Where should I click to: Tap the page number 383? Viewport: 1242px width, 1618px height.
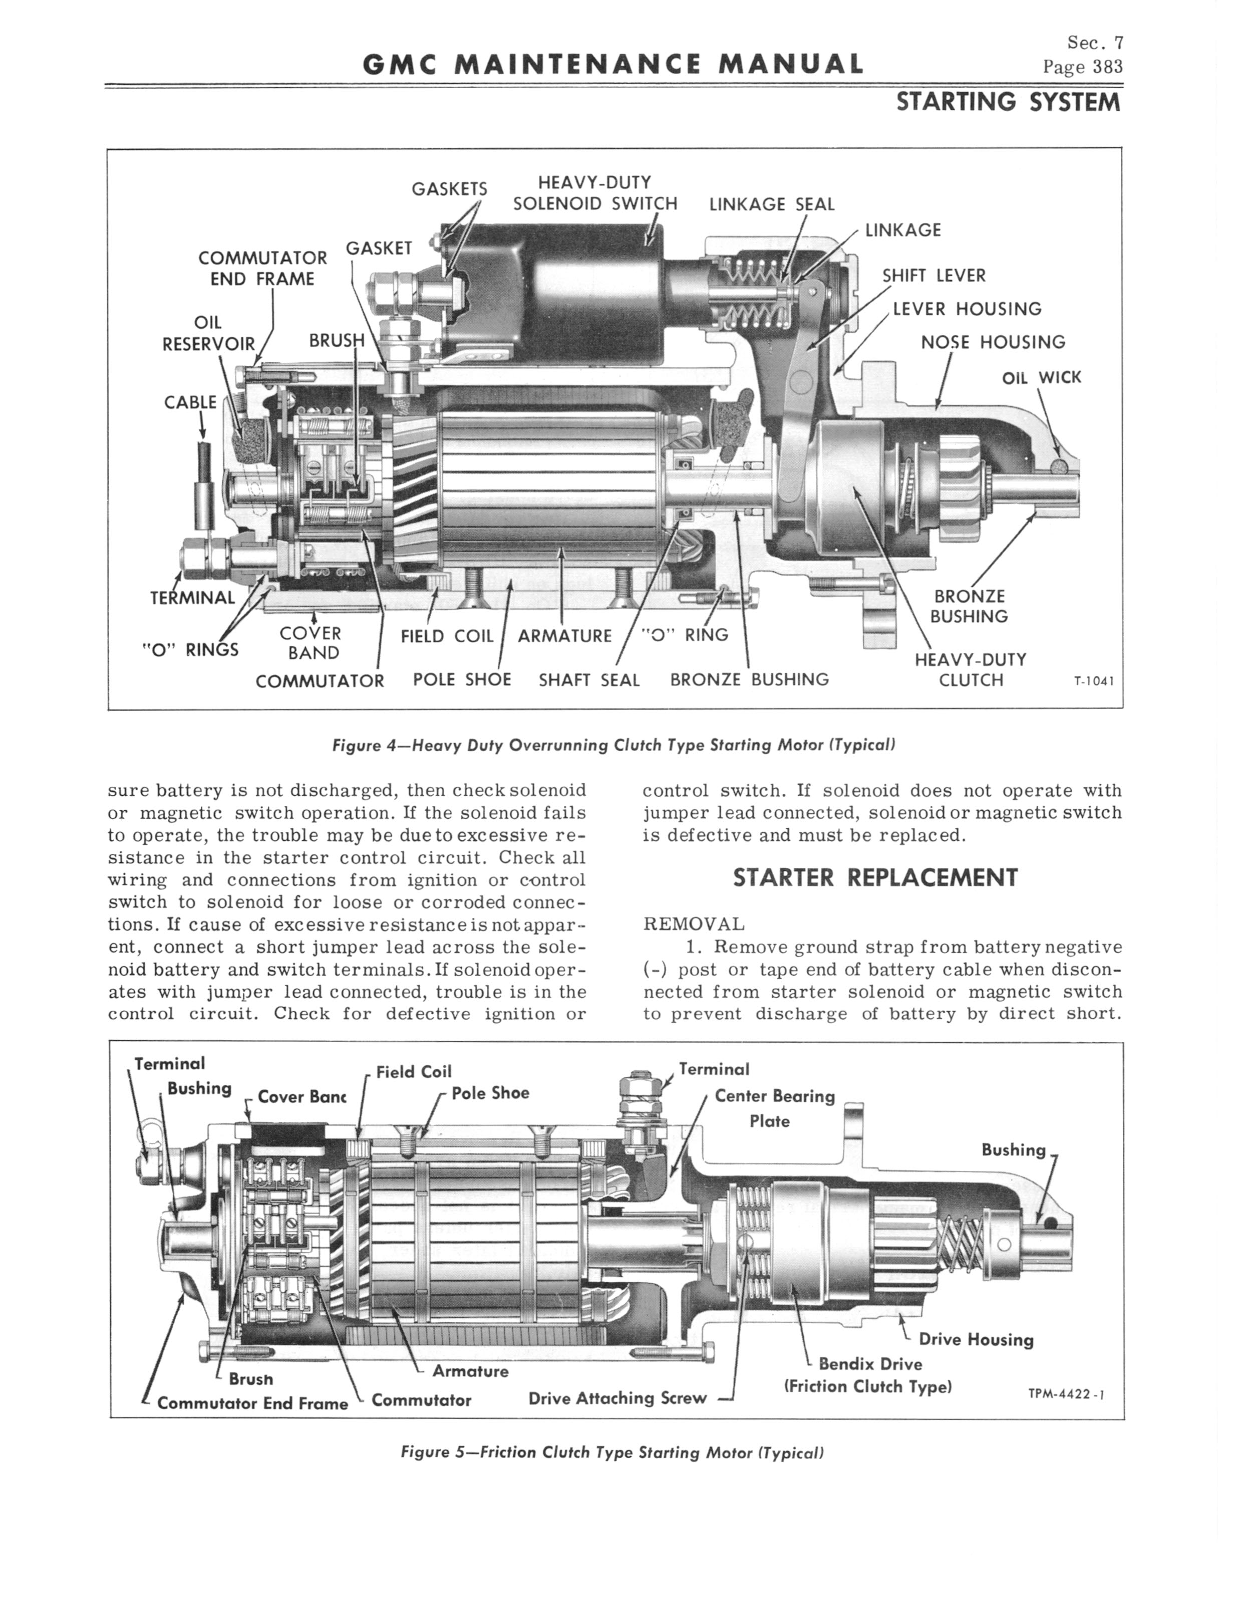click(x=1083, y=67)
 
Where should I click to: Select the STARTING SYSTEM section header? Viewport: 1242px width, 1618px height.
click(x=1009, y=102)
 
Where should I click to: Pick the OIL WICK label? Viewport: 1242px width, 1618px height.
click(x=1041, y=378)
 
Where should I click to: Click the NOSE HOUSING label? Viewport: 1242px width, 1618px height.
click(x=993, y=342)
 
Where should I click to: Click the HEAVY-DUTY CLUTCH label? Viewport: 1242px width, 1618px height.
click(x=971, y=669)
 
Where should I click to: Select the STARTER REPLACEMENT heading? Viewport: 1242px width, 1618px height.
click(x=875, y=878)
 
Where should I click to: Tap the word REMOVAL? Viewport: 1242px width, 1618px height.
click(x=694, y=924)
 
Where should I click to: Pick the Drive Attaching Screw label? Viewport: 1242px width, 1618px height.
click(x=617, y=1398)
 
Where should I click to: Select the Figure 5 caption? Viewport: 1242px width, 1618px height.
click(x=612, y=1452)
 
